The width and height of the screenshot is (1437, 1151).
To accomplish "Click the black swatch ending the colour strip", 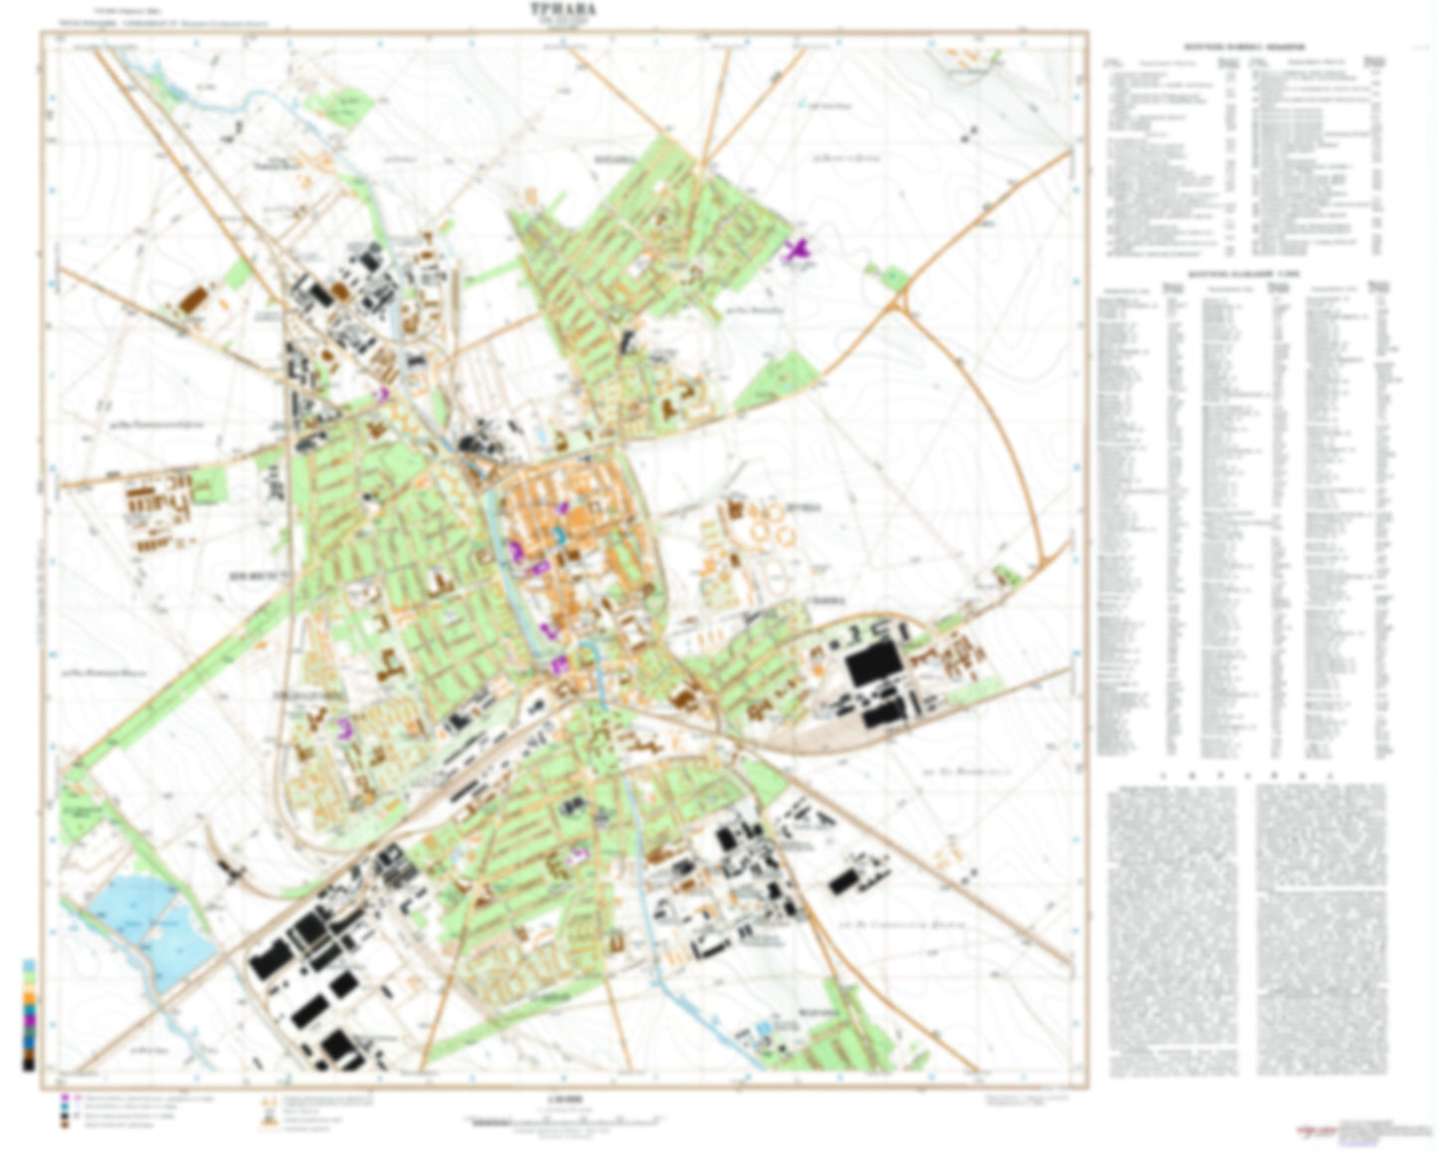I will pos(28,1065).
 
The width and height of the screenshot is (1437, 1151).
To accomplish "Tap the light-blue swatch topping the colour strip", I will pos(28,965).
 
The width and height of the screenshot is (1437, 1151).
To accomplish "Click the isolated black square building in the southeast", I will pos(843,881).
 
